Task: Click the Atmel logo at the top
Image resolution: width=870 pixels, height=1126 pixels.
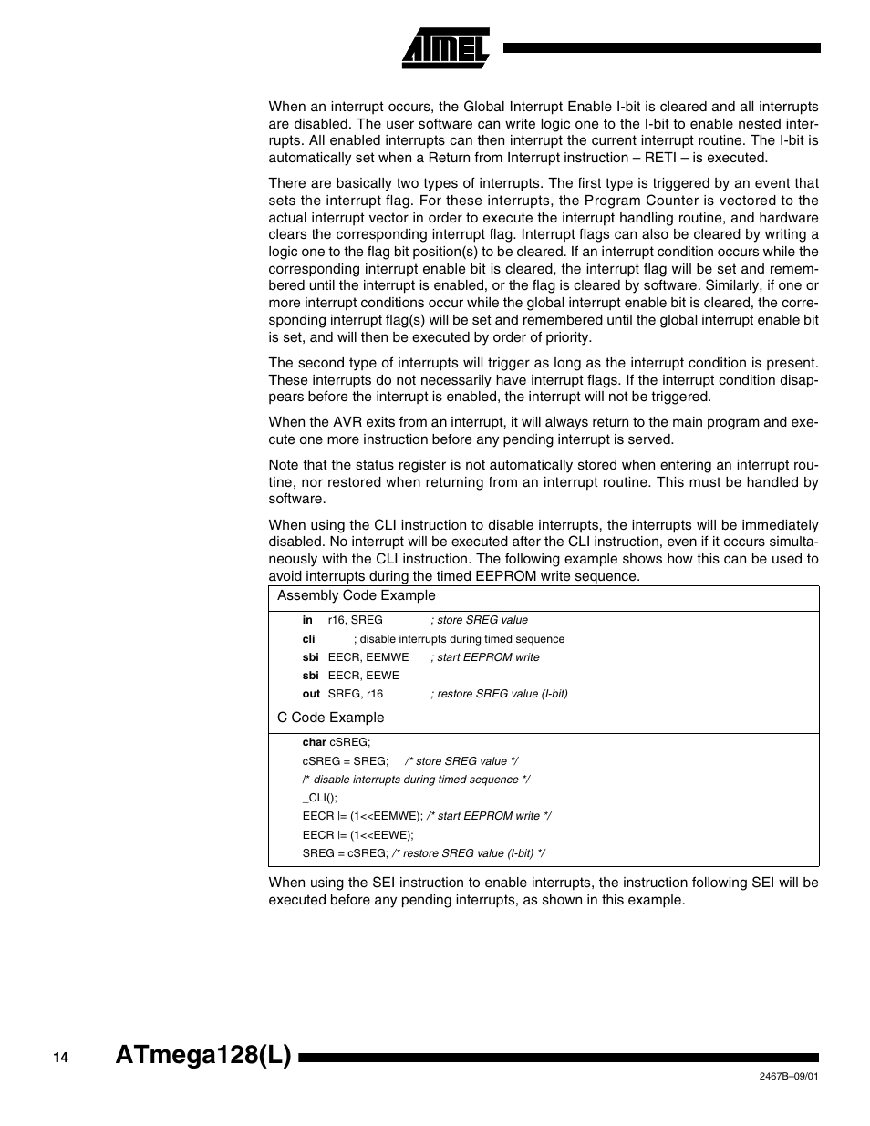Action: (x=446, y=48)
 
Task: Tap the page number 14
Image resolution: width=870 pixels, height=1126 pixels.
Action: (x=60, y=1058)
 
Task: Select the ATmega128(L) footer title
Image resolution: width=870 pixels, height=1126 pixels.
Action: (x=204, y=1056)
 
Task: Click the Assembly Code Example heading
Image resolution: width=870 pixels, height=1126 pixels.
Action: (x=357, y=595)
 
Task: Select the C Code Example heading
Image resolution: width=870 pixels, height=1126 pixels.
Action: (x=331, y=718)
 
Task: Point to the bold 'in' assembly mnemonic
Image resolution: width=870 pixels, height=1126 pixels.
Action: (x=307, y=620)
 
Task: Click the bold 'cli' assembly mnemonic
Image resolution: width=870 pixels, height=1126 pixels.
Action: (x=309, y=639)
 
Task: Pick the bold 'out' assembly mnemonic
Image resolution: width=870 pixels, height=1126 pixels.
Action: (x=311, y=694)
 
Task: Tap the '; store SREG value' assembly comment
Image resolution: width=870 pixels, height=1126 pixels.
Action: (x=479, y=620)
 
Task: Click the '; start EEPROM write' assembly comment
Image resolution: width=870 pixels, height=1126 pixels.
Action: (x=484, y=657)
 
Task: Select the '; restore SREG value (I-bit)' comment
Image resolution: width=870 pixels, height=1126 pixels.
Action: (x=499, y=694)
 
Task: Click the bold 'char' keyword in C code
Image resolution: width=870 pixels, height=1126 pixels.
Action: (x=314, y=743)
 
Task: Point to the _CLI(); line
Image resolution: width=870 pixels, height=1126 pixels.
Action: (x=319, y=798)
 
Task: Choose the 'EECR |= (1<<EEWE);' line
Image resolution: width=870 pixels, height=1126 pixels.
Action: (x=357, y=834)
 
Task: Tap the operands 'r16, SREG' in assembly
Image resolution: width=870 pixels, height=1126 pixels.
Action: (x=355, y=620)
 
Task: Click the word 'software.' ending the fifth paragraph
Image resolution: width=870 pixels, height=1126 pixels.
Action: (x=296, y=499)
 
